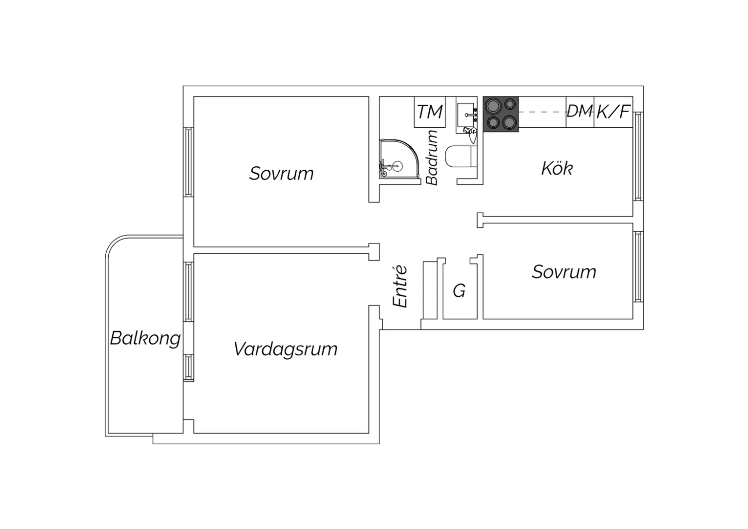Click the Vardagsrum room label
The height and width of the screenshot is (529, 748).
[x=286, y=349]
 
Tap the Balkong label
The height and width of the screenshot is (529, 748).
[x=145, y=338]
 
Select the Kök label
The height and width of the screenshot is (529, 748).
[x=557, y=168]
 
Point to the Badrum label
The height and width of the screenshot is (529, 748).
[x=432, y=158]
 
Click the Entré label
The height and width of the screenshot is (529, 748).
[x=400, y=286]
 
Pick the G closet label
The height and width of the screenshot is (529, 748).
[x=459, y=291]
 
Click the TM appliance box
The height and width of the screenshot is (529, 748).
[x=430, y=112]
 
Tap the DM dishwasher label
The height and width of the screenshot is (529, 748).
[x=580, y=111]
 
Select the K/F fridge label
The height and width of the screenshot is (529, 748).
[x=614, y=112]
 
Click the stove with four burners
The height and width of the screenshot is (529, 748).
[x=501, y=114]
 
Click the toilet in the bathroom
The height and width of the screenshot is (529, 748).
[x=461, y=156]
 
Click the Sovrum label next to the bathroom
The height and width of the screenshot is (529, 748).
[x=282, y=174]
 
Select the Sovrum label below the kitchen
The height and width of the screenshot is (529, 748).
[x=564, y=272]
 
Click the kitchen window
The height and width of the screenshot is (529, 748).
[x=638, y=156]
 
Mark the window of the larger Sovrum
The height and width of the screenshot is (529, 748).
[x=188, y=162]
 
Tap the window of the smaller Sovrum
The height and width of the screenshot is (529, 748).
[x=638, y=266]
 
